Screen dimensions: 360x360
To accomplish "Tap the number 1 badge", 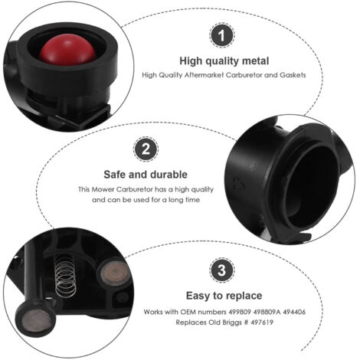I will tap(222, 35).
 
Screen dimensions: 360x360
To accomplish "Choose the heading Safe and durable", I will tap(146, 174).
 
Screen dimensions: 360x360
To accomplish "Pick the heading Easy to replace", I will tap(224, 295).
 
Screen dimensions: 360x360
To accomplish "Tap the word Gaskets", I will tap(293, 75).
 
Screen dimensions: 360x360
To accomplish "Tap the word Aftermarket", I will tap(195, 75).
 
